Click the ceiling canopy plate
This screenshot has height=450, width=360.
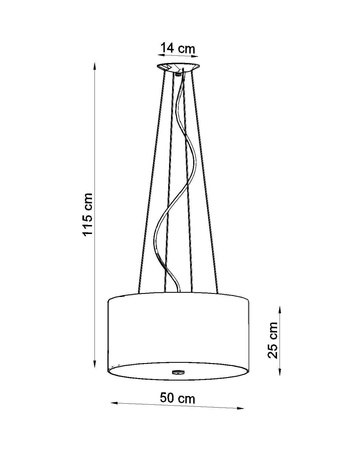179,67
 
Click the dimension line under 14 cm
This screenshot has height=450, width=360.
179,57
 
